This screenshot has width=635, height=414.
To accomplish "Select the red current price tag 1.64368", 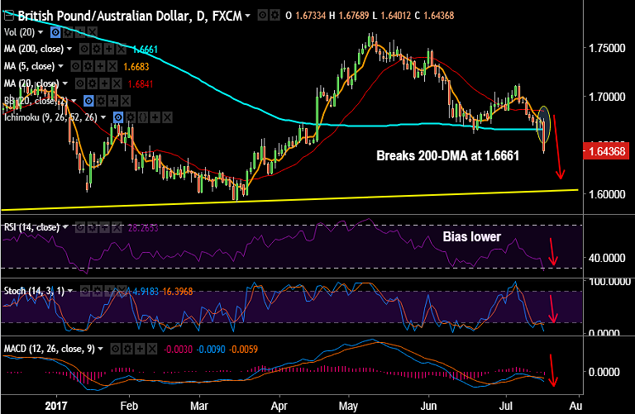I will click(609, 152).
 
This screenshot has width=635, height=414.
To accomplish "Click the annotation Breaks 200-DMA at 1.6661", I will click(447, 155).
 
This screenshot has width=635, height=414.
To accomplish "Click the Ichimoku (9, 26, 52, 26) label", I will click(53, 118).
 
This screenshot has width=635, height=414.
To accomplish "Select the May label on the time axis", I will click(348, 407).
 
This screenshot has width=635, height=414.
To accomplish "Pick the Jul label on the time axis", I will click(505, 407).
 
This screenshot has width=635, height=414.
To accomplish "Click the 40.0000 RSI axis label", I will click(608, 258).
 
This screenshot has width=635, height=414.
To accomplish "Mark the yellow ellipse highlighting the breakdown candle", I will click(544, 122).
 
